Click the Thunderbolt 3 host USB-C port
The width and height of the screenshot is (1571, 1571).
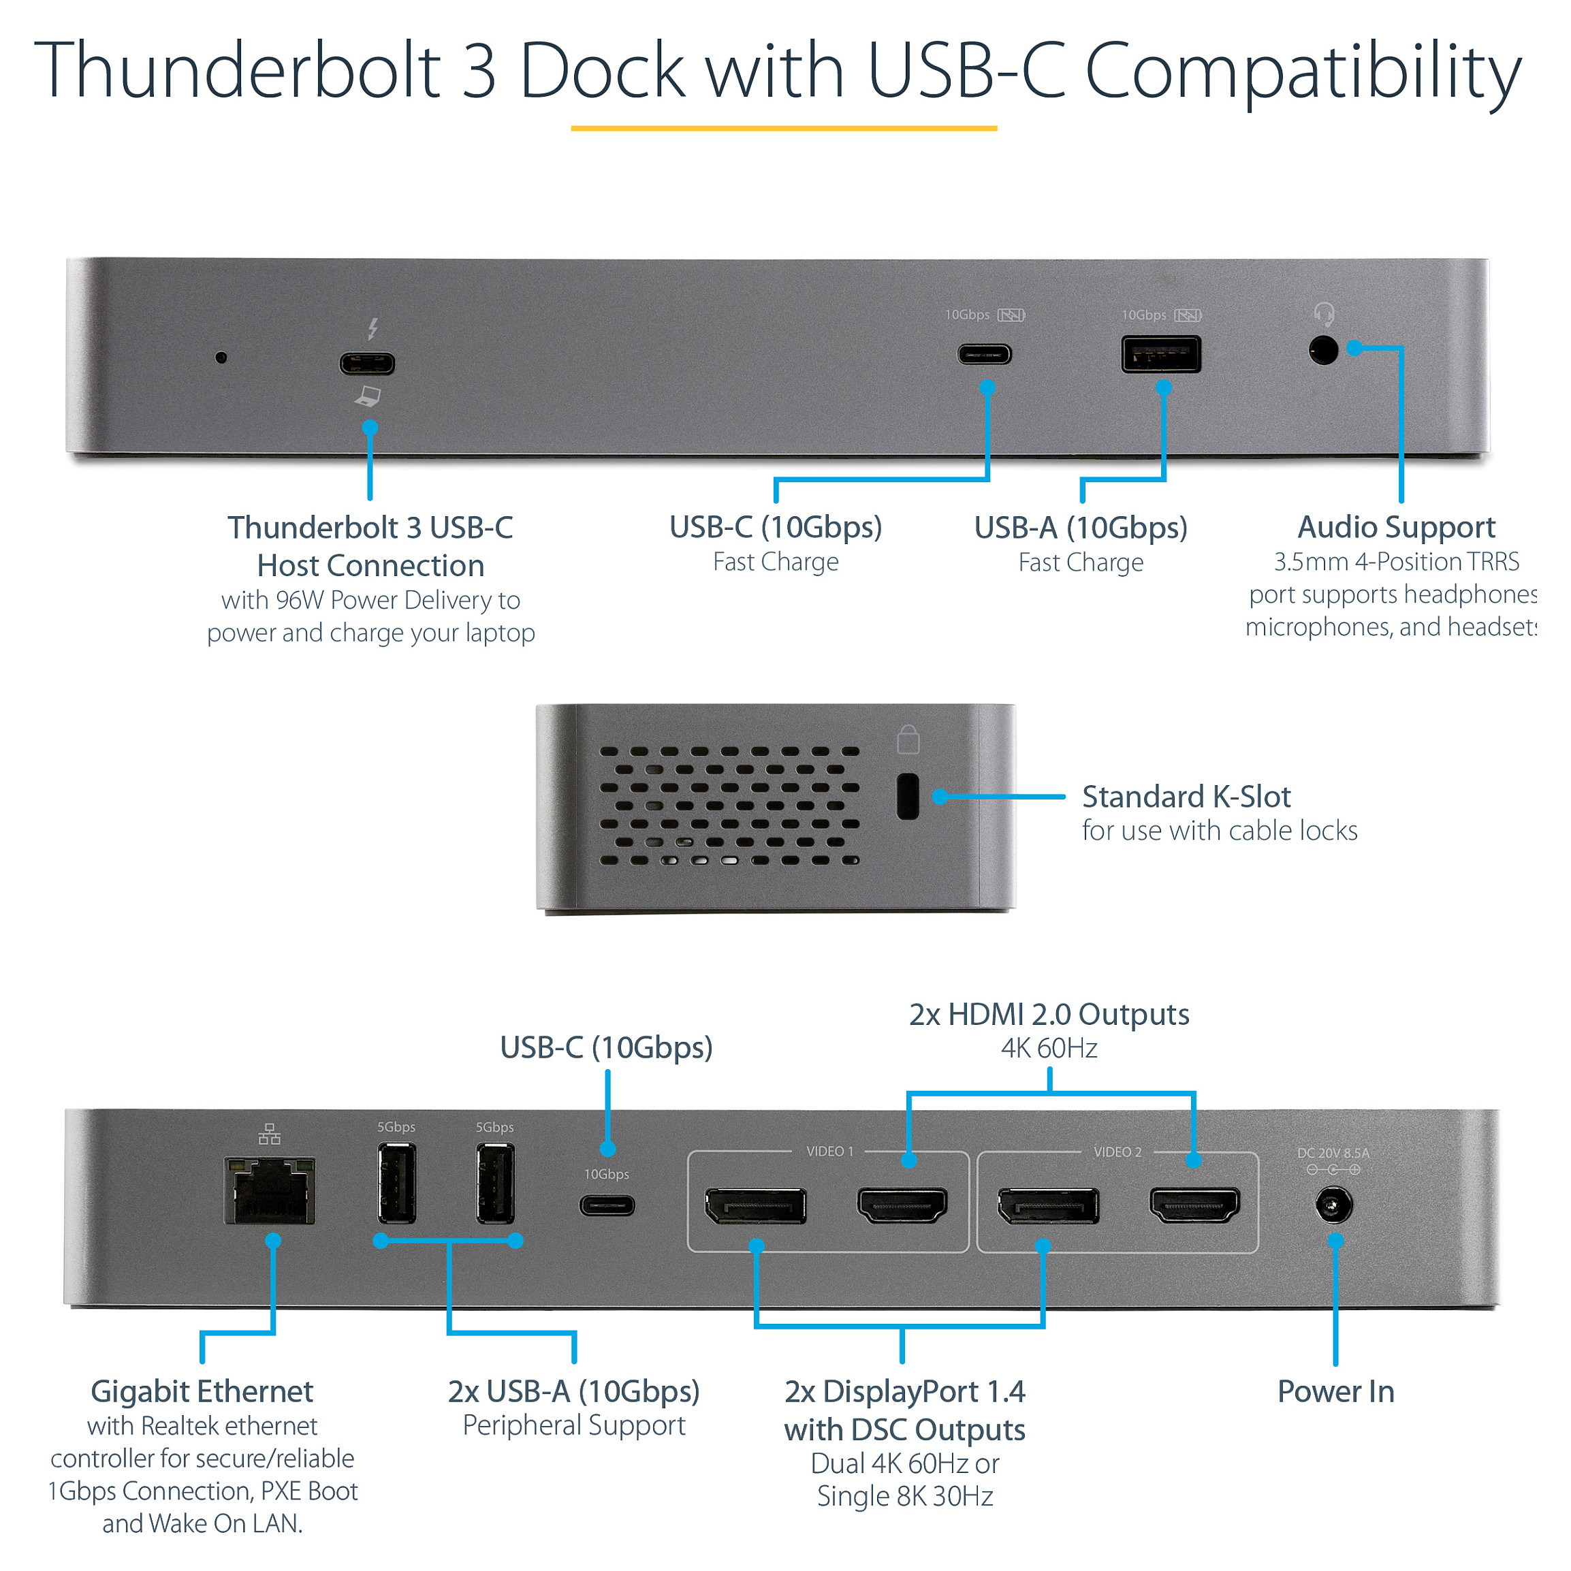tap(368, 363)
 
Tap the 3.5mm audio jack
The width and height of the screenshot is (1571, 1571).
tap(1323, 351)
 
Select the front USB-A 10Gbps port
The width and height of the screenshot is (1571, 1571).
tap(1160, 353)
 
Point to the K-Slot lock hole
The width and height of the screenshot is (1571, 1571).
tap(908, 796)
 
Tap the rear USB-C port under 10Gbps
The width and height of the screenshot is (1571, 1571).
tap(607, 1205)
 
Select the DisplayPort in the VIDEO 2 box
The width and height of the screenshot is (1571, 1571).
tap(1047, 1205)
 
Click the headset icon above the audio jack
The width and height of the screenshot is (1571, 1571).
tap(1324, 314)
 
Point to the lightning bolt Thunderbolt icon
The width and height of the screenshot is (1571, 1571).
tap(372, 328)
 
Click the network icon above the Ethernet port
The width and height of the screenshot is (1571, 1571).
tap(269, 1134)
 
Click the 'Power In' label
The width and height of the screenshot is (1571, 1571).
tap(1335, 1391)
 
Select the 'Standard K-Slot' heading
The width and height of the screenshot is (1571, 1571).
tap(1186, 796)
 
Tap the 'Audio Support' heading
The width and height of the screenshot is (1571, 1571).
tap(1395, 527)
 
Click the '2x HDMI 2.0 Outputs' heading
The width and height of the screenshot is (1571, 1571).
tap(1048, 1014)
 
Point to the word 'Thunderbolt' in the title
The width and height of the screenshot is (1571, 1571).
tap(236, 71)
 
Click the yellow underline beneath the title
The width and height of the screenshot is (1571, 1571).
tap(783, 127)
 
